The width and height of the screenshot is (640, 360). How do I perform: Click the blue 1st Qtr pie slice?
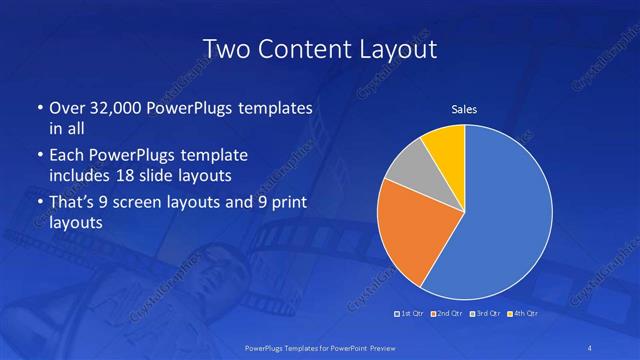[x=505, y=215]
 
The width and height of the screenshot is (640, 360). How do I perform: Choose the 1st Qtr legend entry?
[x=410, y=314]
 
